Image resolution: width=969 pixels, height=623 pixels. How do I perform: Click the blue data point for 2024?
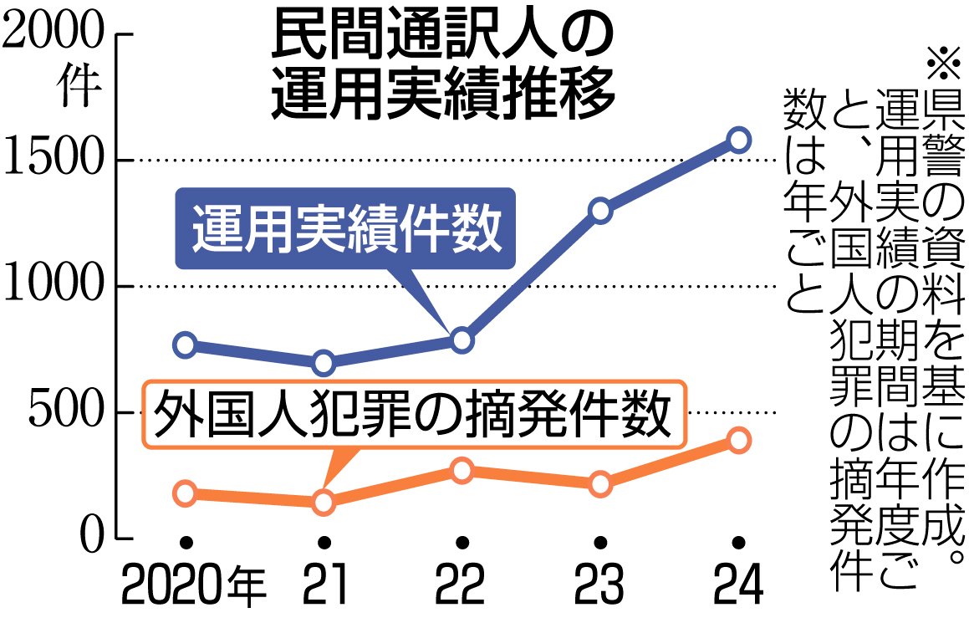coord(737,140)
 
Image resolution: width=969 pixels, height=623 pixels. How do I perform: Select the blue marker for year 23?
coord(599,211)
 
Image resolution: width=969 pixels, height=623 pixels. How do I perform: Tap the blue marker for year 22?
coord(462,340)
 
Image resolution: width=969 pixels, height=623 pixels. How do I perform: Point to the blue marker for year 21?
coord(324,363)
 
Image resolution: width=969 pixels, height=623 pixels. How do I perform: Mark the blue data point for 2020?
coord(186,345)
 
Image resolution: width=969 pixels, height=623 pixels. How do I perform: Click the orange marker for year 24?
coord(737,440)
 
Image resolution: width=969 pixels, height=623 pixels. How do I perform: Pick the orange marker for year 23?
coord(599,484)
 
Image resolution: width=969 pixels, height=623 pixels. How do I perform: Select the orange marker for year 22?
coord(462,471)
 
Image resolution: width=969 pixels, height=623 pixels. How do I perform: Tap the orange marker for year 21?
coord(324,503)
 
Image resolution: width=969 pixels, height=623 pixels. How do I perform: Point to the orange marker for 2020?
coord(186,493)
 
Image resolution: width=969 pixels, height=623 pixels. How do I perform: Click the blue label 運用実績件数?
coord(346,229)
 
